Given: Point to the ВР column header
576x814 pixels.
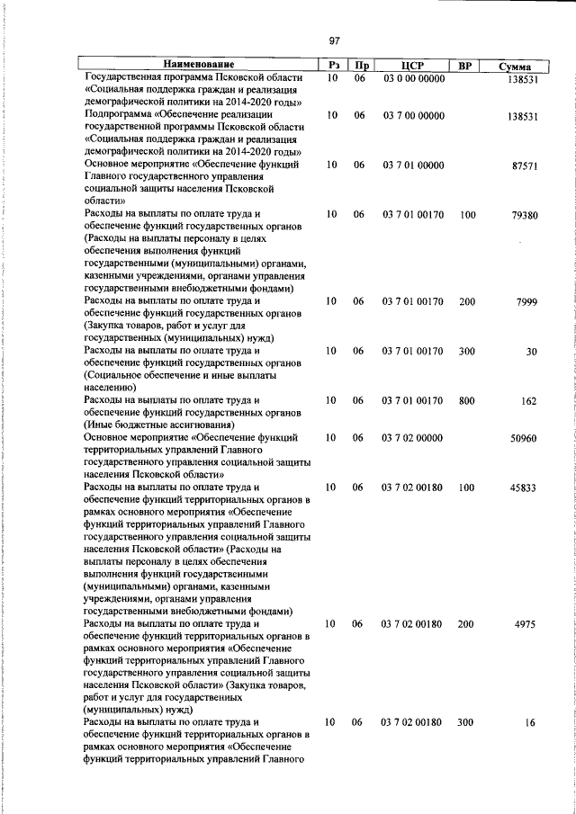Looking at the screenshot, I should pos(466,66).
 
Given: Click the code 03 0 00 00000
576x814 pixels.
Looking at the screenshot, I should pos(413,79).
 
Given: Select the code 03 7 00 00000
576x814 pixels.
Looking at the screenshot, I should pos(413,116).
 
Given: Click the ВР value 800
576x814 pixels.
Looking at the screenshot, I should pos(466,401).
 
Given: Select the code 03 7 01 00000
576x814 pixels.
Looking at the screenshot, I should pos(413,166).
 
